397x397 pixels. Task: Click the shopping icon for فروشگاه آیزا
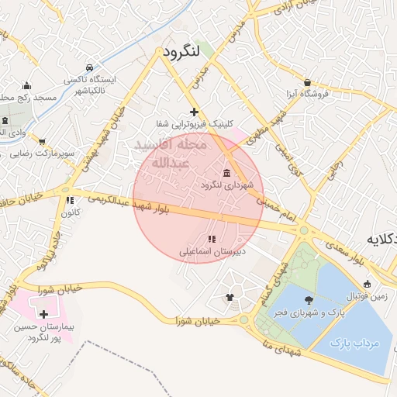point(308,82)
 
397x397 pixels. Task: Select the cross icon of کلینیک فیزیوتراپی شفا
point(194,112)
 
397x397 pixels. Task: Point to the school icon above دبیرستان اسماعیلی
point(212,239)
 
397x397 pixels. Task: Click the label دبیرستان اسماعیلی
point(212,251)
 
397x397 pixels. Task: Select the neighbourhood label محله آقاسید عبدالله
point(170,154)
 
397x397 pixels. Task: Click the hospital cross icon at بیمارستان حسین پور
point(43,315)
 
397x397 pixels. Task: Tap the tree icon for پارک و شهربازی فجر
point(309,299)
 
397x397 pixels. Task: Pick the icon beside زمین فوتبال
point(367,284)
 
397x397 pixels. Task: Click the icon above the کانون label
point(70,201)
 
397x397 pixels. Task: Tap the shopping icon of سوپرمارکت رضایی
point(41,142)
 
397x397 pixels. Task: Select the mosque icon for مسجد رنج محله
point(27,85)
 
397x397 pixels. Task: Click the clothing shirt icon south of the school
point(230,297)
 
